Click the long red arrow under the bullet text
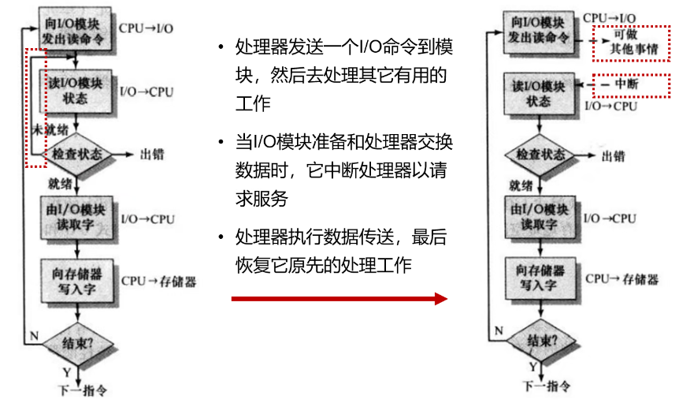[339, 299]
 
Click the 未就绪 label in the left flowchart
[49, 129]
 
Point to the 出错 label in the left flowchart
[151, 155]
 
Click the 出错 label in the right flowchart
[613, 156]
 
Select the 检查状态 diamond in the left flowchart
[77, 155]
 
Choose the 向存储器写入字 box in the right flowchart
[540, 277]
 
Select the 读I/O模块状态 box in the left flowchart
[77, 90]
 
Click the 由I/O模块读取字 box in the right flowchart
[540, 216]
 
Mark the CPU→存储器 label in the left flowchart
[158, 281]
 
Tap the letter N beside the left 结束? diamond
[33, 337]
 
